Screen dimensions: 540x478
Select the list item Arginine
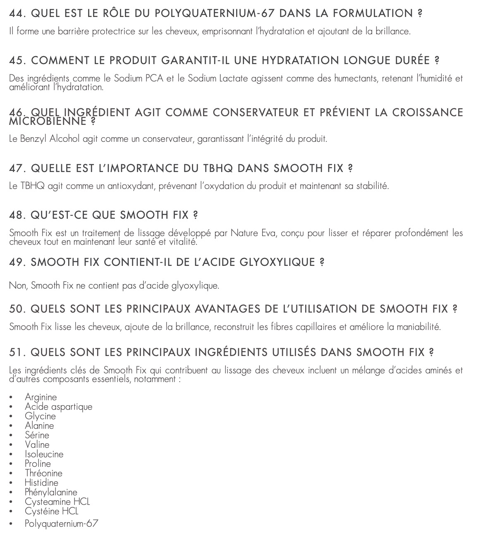coord(41,397)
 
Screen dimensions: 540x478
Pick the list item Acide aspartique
coord(58,407)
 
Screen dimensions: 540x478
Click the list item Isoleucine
coord(44,454)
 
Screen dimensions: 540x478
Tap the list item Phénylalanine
coord(51,492)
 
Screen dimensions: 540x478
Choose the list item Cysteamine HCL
coord(57,502)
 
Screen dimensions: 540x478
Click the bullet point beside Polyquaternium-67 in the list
coord(11,524)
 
